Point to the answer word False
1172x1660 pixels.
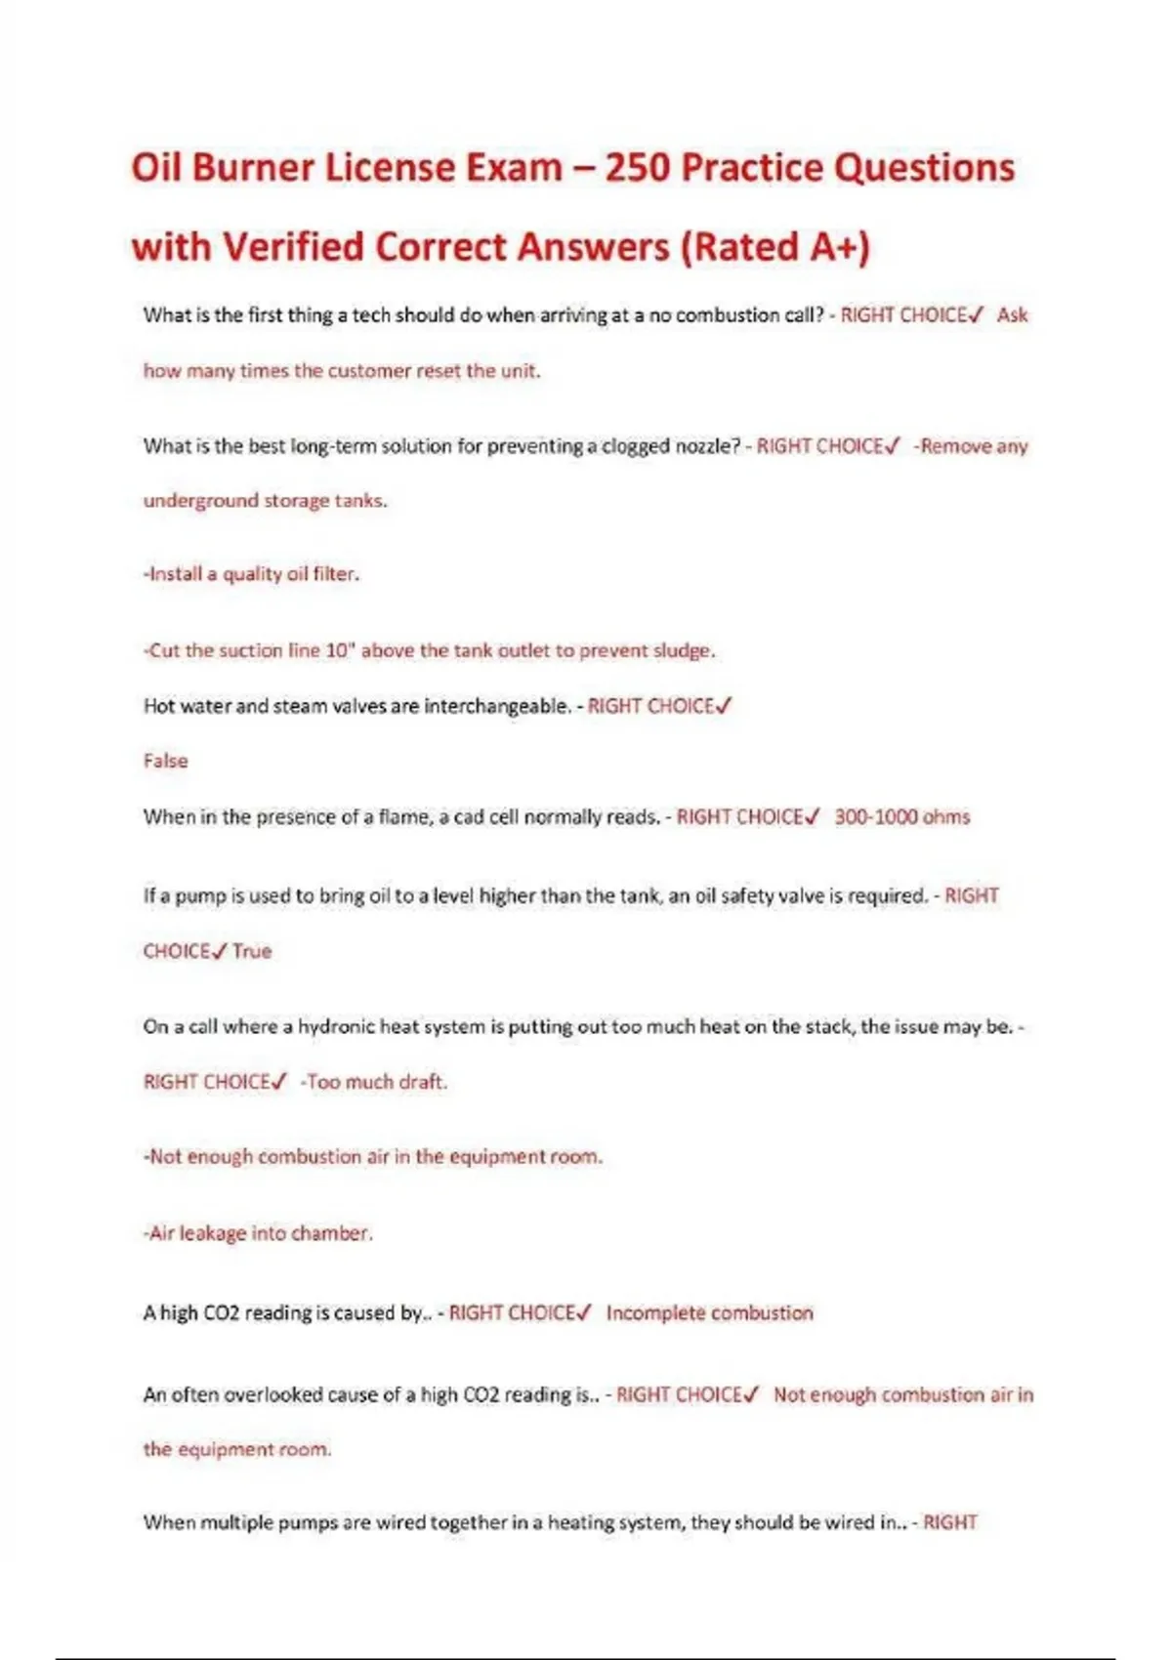[x=165, y=761]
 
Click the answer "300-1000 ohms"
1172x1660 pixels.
[x=901, y=816]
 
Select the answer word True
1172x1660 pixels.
[x=252, y=951]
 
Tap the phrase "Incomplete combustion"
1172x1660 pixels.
[x=709, y=1313]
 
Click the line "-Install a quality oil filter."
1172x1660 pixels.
[x=251, y=574]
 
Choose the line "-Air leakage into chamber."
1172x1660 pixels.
[x=258, y=1233]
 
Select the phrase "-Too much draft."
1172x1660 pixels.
[x=373, y=1082]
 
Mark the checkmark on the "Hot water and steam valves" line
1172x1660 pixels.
[x=723, y=705]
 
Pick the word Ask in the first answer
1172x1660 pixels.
[x=1012, y=315]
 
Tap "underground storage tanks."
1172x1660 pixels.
[x=265, y=501]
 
